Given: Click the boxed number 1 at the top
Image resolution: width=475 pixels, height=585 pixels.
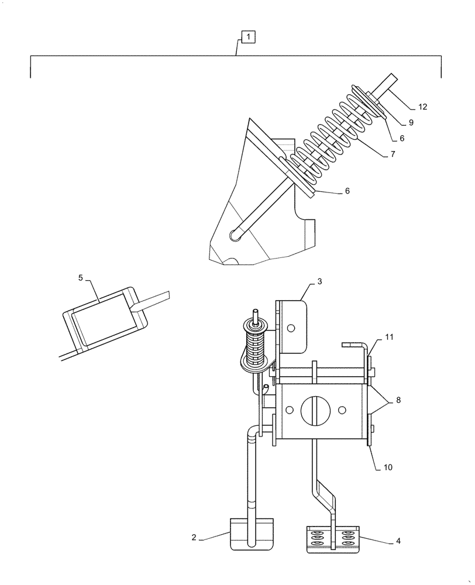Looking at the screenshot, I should click(248, 37).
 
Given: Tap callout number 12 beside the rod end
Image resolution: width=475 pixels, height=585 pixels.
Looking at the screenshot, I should click(422, 107).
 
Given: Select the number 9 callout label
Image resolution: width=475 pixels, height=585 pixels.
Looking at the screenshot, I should click(411, 123).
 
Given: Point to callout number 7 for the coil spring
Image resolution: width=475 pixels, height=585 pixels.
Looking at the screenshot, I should click(393, 154).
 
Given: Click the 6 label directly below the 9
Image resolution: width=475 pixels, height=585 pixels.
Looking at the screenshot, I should click(401, 139).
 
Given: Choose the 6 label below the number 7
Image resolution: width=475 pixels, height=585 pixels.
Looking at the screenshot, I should click(347, 191).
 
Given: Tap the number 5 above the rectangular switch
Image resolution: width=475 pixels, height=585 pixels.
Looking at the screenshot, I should click(80, 278).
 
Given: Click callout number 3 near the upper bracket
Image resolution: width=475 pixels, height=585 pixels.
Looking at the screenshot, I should click(320, 282).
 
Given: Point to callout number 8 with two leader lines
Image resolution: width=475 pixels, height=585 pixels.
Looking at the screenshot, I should click(398, 401).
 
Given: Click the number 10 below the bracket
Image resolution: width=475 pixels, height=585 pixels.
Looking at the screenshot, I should click(388, 467).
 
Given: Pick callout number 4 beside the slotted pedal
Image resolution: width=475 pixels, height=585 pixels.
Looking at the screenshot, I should click(398, 541).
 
